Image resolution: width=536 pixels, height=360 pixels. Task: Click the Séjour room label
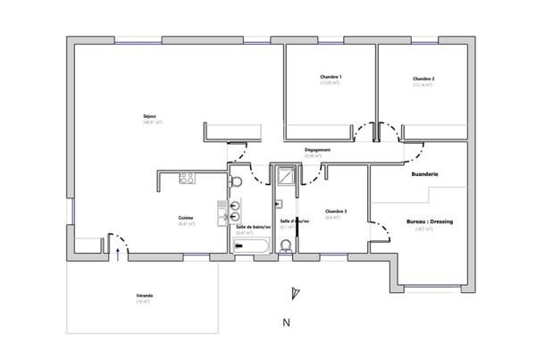tap(149, 115)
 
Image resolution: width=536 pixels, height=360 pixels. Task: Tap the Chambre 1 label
tap(331, 78)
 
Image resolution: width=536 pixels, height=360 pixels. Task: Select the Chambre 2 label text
tap(423, 79)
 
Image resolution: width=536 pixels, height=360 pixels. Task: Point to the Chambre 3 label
tap(336, 212)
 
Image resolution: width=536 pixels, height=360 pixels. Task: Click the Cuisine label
tap(186, 217)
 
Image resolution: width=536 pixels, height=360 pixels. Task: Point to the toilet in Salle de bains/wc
tap(237, 183)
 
